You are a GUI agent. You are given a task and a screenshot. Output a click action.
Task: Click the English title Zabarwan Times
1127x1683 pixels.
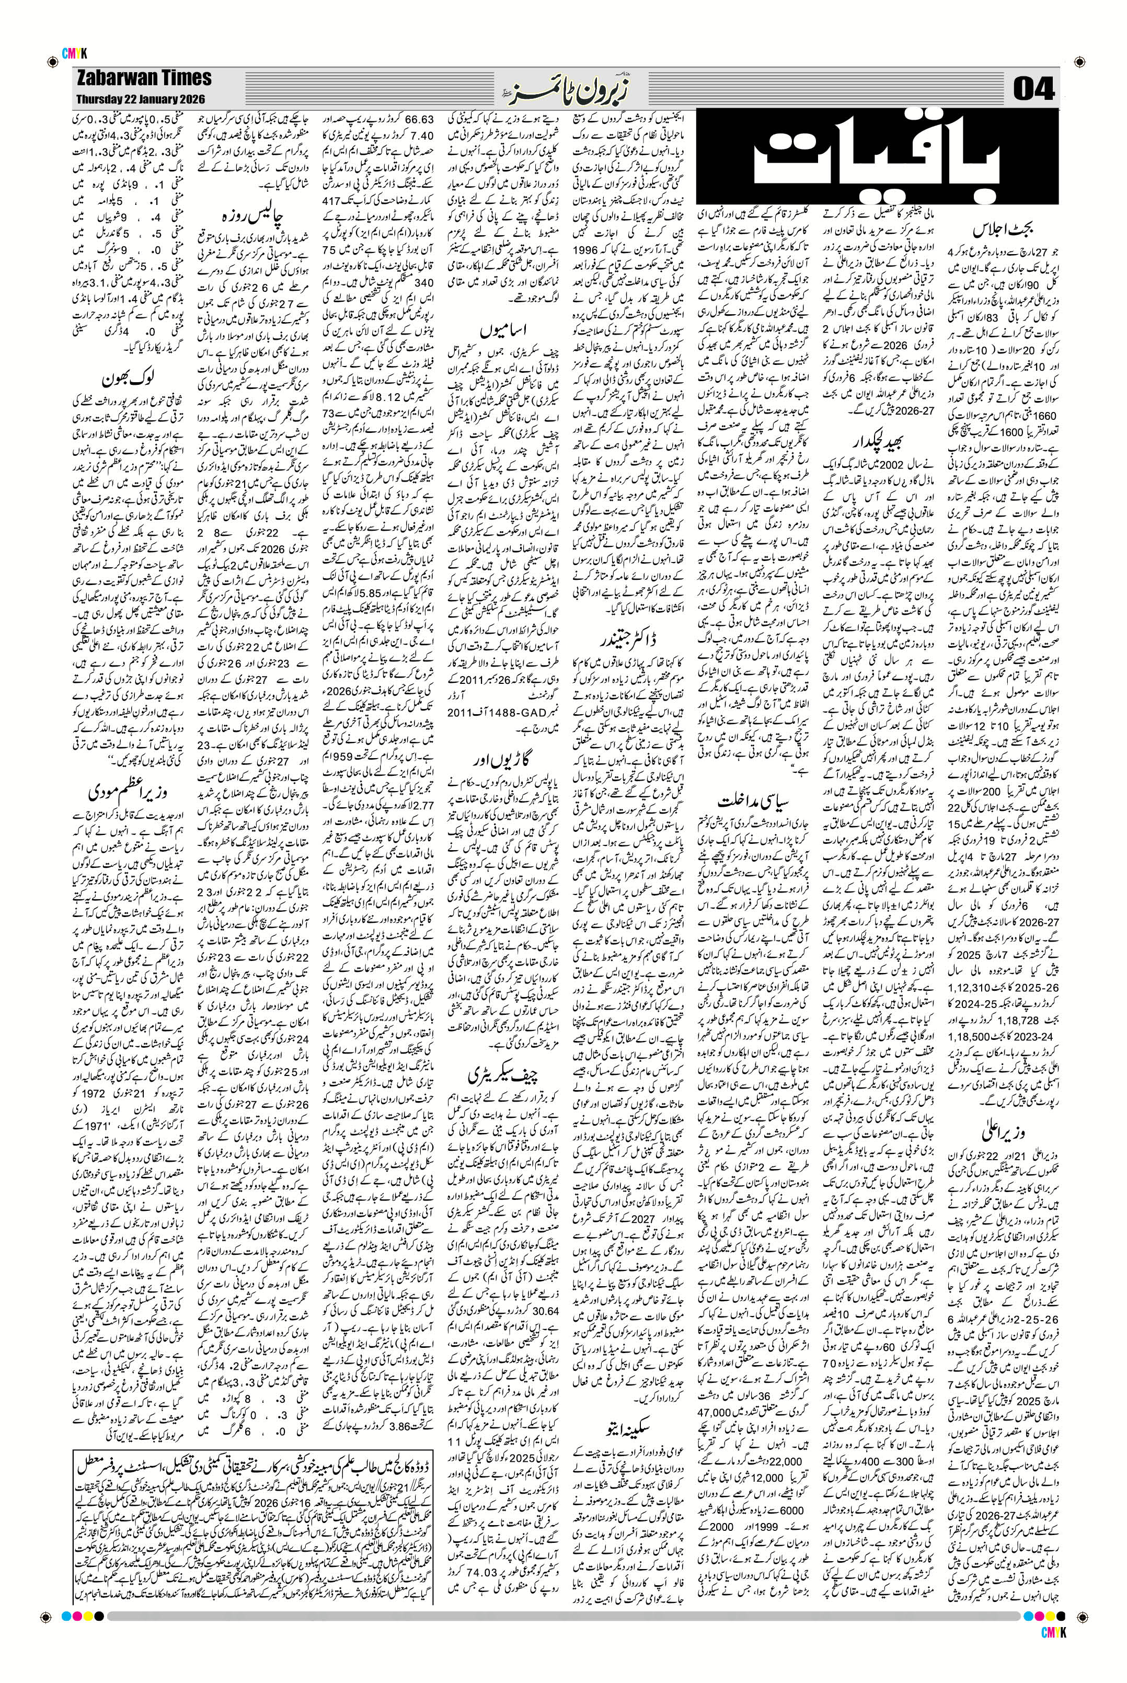coord(143,78)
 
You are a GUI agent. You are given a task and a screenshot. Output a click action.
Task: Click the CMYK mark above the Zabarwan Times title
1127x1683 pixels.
coord(75,52)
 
